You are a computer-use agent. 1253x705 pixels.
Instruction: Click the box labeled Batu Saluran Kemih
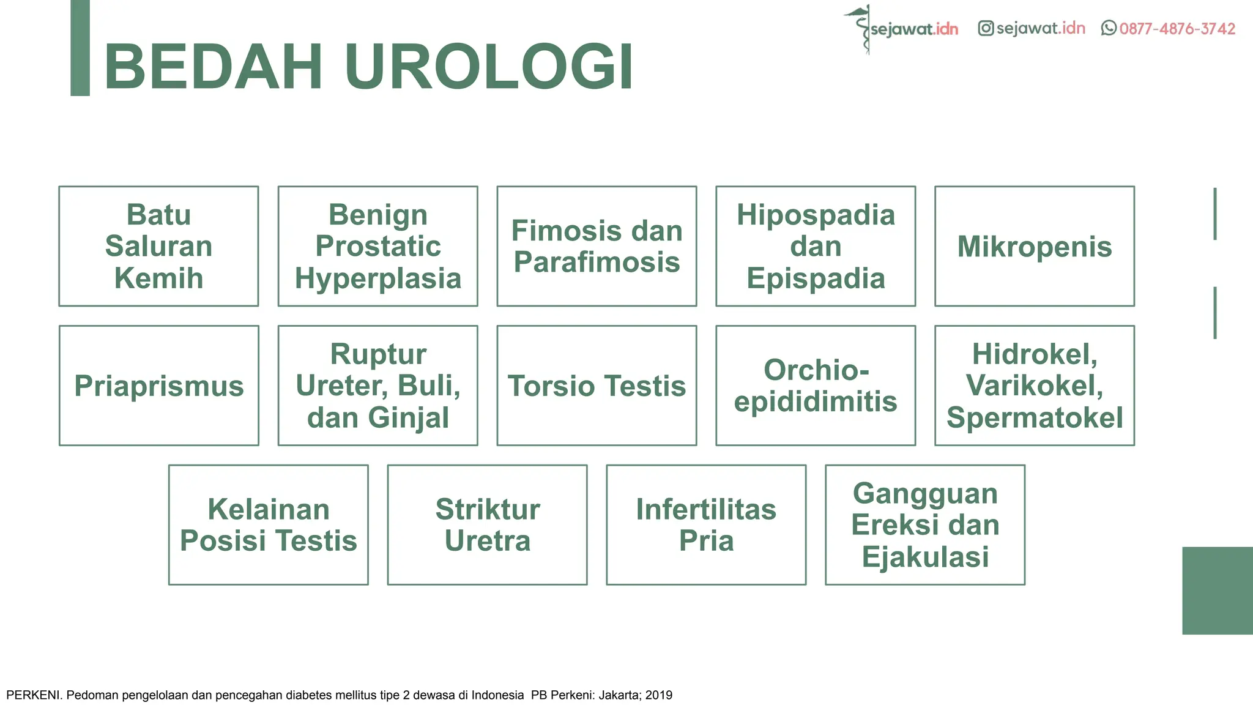pos(158,246)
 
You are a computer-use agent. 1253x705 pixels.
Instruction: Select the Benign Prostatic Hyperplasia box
pos(377,246)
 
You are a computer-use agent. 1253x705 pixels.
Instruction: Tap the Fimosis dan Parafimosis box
pos(597,246)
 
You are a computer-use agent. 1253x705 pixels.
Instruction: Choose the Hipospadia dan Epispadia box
pos(816,246)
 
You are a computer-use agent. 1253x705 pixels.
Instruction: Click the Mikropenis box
pos(1035,246)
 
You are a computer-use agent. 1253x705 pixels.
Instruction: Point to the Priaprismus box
pos(158,386)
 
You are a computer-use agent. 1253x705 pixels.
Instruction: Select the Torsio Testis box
pos(597,386)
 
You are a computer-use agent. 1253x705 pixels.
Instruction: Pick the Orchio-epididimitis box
pos(816,386)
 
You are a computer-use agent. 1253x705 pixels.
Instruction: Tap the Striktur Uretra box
pos(487,525)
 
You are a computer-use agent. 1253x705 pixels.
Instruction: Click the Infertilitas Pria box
pos(706,525)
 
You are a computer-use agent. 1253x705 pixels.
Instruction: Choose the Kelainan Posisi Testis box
pos(268,525)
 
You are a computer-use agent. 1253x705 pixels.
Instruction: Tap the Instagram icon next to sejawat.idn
pos(985,28)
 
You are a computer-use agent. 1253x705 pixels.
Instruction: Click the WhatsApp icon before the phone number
pos(1108,28)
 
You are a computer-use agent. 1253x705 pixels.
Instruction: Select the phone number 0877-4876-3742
pos(1177,29)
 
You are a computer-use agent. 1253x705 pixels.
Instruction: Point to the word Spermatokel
pos(1035,418)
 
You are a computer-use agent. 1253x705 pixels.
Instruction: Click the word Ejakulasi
pos(925,557)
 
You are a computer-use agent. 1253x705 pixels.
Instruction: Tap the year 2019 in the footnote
pos(659,695)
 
